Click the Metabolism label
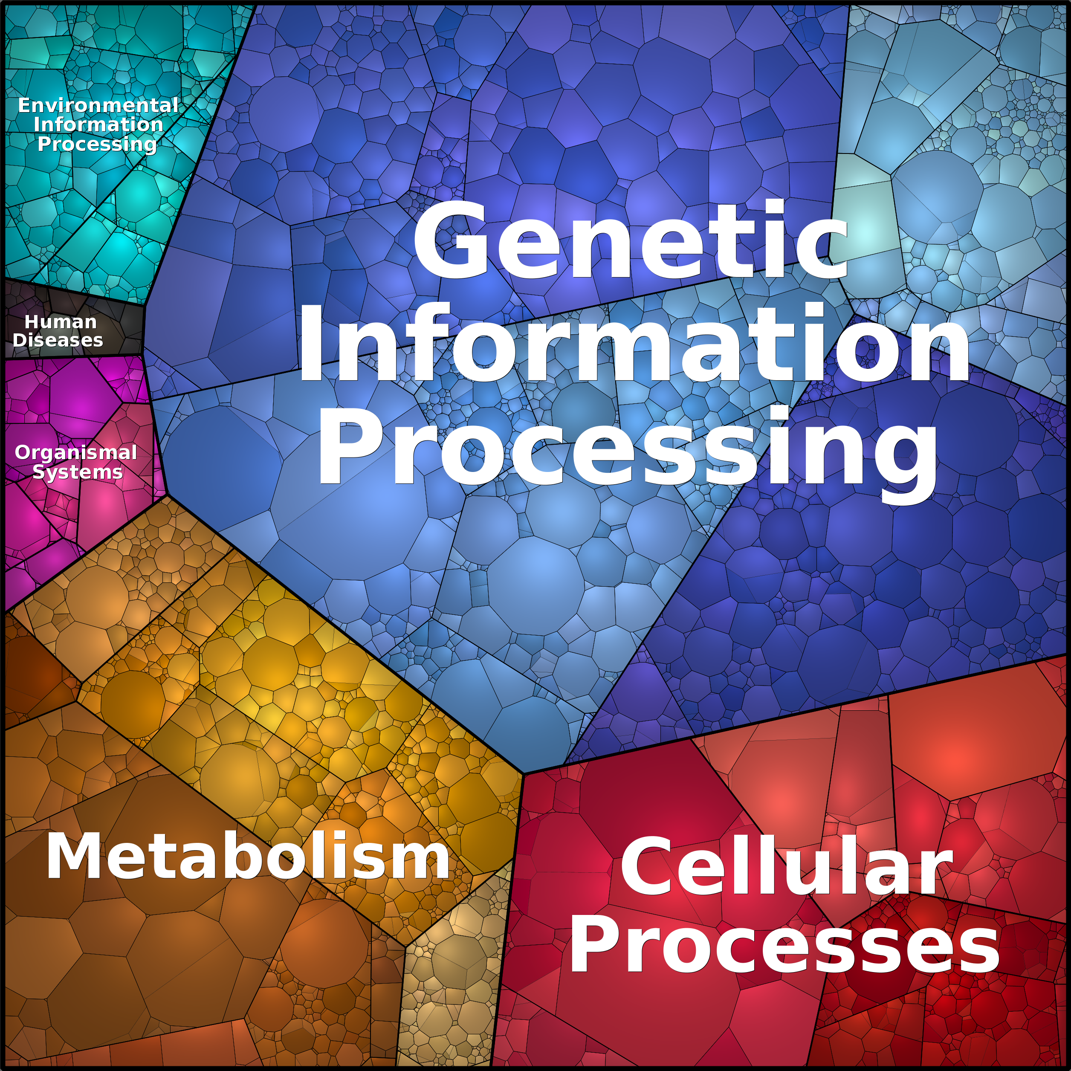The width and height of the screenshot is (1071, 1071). (248, 857)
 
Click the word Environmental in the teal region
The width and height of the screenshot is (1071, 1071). (98, 105)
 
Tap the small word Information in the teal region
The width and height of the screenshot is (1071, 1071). (98, 125)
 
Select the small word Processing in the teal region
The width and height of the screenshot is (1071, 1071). (98, 144)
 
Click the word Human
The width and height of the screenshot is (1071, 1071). (61, 321)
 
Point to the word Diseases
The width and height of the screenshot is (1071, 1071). (58, 340)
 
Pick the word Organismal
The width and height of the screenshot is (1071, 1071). (75, 452)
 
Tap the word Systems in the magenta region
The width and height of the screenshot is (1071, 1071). (77, 472)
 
